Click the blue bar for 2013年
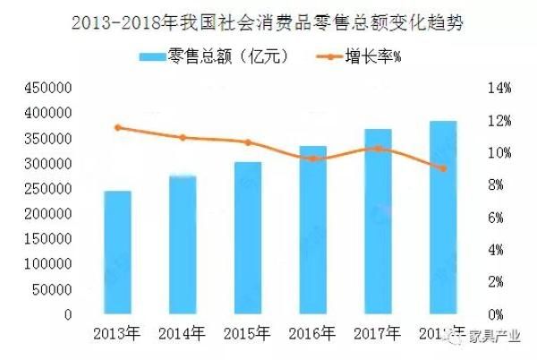pos(117,253)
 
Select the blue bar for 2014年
pos(182,244)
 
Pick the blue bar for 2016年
pos(312,230)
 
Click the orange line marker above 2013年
pos(117,127)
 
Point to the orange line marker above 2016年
pos(312,159)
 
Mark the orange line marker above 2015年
pos(247,142)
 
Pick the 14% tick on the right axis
pos(498,89)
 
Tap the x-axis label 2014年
pos(183,334)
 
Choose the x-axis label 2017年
pos(378,334)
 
